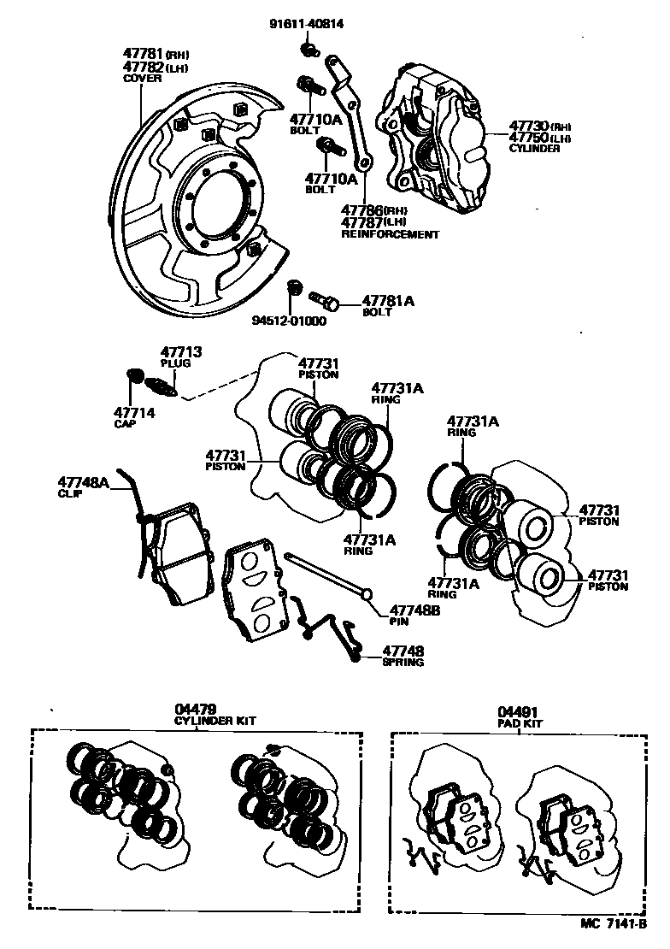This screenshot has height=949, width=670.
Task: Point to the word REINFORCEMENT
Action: [390, 234]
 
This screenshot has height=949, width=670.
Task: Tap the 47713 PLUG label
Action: [182, 353]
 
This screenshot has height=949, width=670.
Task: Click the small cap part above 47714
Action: [133, 376]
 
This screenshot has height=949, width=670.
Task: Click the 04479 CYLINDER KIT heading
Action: [196, 710]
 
